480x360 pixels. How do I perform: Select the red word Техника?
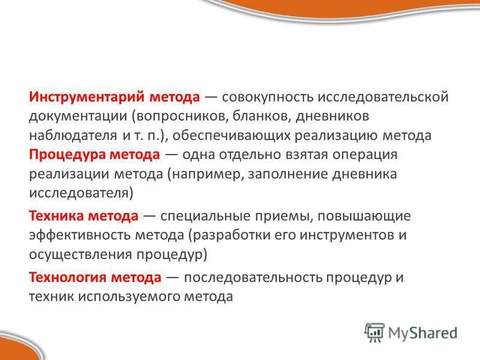(58, 215)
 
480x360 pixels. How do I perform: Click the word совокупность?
(273, 97)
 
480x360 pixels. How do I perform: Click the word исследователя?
(80, 193)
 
